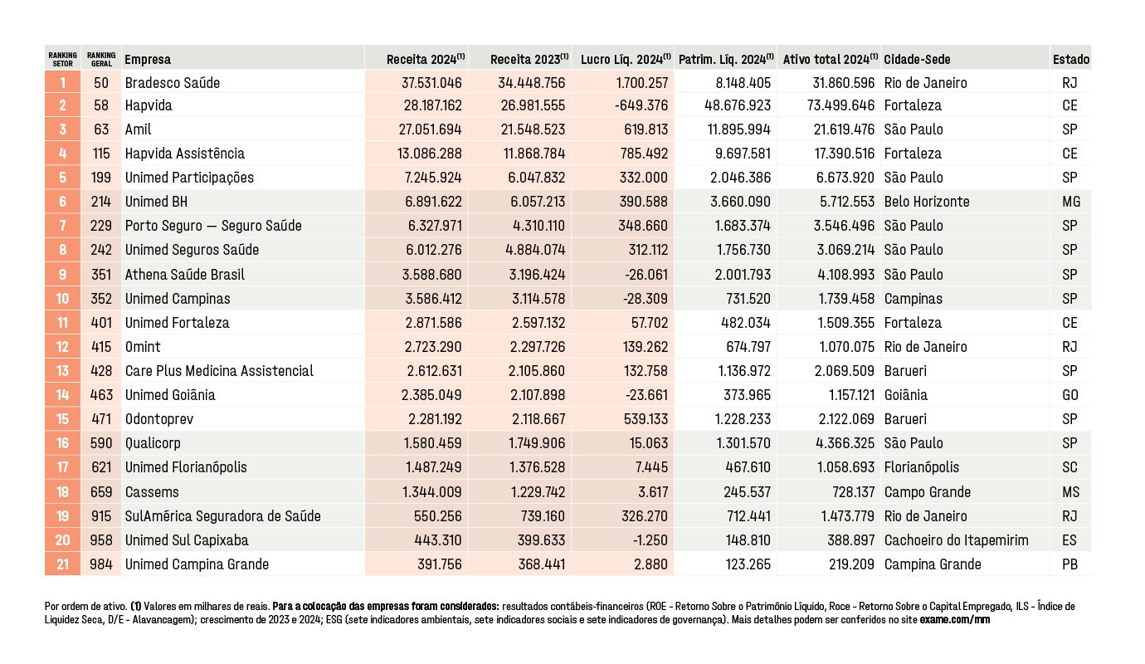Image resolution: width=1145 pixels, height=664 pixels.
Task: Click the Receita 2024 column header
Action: coord(426,59)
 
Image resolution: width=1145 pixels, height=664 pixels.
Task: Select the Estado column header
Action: coord(1071,59)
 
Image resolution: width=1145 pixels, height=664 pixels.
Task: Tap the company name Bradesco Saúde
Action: coord(173,83)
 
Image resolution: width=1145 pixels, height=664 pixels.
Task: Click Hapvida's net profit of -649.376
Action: coord(641,105)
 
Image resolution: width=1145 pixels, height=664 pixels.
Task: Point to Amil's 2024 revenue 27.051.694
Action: coord(430,129)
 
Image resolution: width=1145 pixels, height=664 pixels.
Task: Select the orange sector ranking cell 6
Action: coord(62,202)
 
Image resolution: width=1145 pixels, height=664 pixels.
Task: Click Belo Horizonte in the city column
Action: coord(927,202)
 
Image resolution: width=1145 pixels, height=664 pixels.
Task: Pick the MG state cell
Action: coord(1071,202)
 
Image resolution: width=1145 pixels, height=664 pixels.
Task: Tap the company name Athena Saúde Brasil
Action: coord(184,275)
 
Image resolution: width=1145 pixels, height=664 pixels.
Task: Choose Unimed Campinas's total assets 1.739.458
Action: coord(846,299)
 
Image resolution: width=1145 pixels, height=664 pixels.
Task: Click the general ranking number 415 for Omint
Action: coord(101,347)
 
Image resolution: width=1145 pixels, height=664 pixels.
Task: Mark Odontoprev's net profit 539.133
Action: coord(646,419)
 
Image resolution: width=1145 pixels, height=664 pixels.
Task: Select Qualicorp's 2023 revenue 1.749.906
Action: coord(537,443)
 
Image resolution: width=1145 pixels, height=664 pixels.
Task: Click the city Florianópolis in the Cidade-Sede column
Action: coord(922,467)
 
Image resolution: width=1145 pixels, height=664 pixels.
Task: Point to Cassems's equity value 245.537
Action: coord(747,491)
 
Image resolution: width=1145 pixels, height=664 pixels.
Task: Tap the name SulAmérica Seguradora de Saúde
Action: coord(223,515)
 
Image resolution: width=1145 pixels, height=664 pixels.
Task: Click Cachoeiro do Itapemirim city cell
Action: coord(957,540)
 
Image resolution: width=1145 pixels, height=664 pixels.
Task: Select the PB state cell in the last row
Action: coord(1069,564)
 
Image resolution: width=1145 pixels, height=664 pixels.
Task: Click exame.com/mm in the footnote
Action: coord(955,620)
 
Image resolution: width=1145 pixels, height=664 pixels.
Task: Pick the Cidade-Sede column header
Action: coord(917,59)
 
